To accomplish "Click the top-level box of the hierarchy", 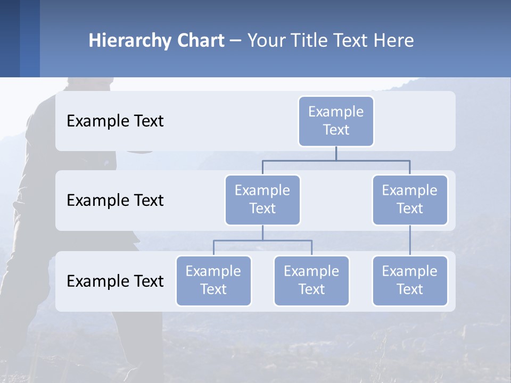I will point(336,121).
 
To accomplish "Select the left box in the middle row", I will point(262,199).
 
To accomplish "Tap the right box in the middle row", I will point(410,199).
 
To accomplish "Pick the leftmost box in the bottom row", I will point(213,280).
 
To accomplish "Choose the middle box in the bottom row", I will point(311,280).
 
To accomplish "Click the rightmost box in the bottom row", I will point(410,280).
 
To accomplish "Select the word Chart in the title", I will point(200,40).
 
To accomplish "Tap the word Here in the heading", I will point(394,40).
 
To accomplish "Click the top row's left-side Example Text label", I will point(115,121).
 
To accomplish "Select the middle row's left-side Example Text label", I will point(115,200).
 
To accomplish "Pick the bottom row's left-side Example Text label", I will point(115,281).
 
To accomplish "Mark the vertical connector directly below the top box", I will point(336,153).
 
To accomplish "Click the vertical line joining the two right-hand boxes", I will point(410,240).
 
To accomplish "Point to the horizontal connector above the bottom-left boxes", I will point(262,240).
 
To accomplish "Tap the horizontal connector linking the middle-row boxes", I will point(336,160).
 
